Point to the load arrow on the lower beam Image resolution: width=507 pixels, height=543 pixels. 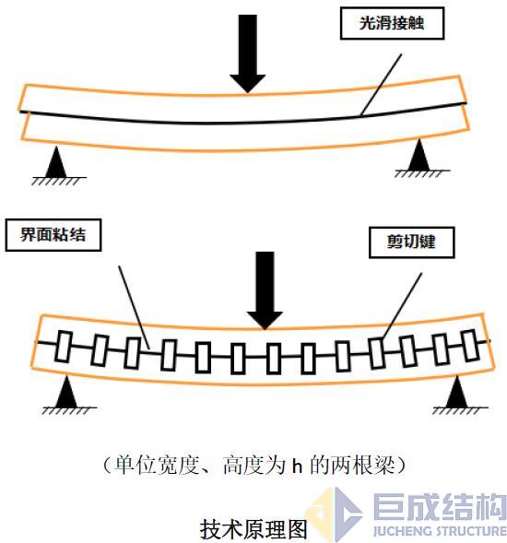click(266, 289)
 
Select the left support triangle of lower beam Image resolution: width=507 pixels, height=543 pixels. click(65, 395)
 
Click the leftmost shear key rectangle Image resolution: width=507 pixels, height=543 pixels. click(64, 347)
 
